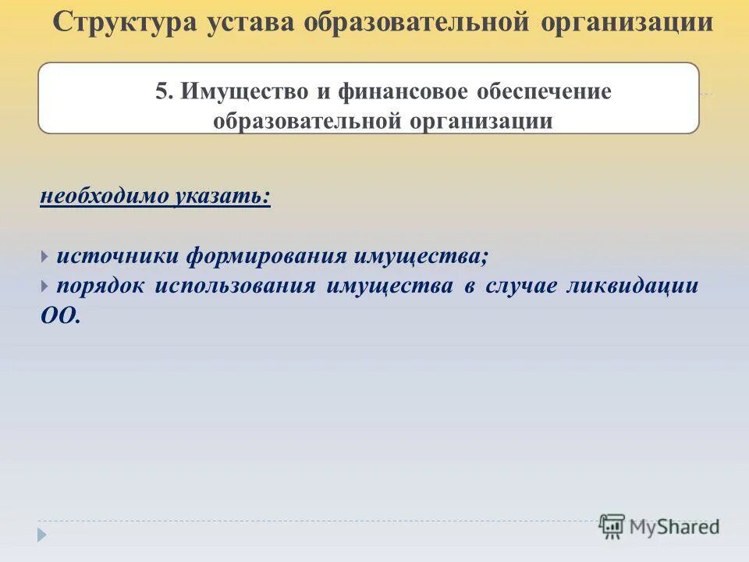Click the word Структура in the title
[x=125, y=23]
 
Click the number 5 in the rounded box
[x=162, y=91]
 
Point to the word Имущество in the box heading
[x=244, y=91]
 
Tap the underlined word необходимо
[x=104, y=196]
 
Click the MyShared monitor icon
[x=612, y=526]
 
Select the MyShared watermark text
[x=674, y=527]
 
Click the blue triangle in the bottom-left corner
[x=42, y=535]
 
